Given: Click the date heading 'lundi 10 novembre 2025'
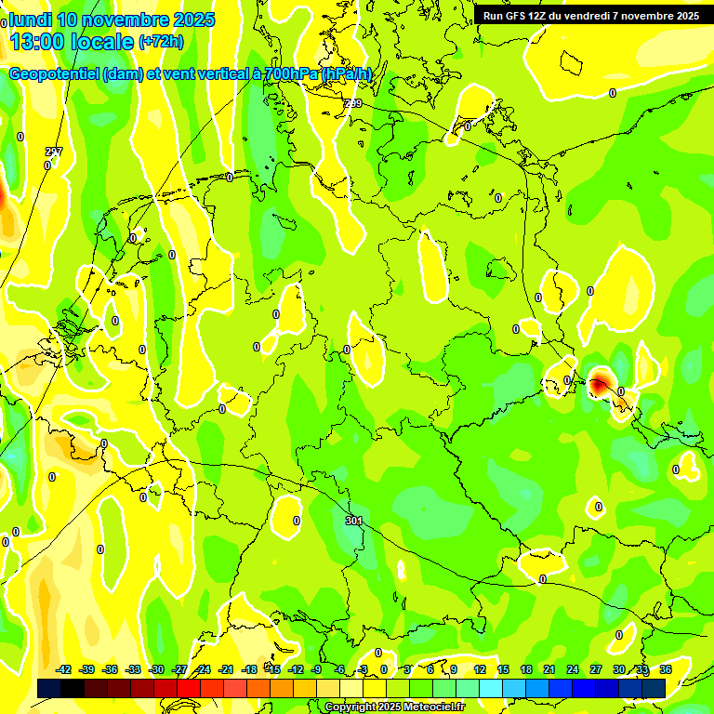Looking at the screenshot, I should [112, 20].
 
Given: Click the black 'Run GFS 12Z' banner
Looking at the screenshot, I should [591, 16].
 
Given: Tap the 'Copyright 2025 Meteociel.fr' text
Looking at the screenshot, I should [394, 707].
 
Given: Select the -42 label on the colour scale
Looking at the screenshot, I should [64, 669].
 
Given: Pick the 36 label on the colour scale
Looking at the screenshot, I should [666, 669].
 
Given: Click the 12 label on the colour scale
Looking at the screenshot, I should [480, 669].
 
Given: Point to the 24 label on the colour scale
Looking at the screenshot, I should [573, 669].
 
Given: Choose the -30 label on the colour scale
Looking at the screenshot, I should [156, 669].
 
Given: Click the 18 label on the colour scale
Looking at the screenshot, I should [526, 669].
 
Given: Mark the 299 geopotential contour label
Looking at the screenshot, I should [353, 103].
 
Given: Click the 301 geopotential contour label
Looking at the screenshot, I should [353, 521].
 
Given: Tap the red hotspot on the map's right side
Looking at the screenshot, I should [599, 380].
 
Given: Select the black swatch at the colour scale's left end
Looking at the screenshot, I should [49, 688].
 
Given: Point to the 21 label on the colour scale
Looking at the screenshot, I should [549, 669].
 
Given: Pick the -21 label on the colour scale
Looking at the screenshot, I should [226, 669].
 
